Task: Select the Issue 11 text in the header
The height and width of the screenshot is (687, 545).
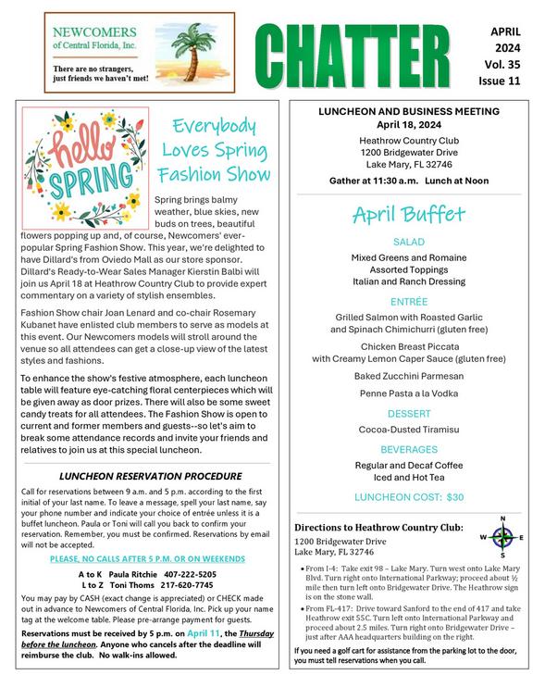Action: (507, 81)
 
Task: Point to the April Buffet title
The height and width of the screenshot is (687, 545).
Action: (408, 216)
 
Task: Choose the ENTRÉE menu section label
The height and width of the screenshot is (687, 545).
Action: (408, 301)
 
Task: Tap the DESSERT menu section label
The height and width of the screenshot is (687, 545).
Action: (408, 413)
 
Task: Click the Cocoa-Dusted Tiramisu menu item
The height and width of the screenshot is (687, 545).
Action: (408, 430)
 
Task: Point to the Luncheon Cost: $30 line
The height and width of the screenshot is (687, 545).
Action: (408, 497)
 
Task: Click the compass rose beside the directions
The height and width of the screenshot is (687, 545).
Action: (502, 537)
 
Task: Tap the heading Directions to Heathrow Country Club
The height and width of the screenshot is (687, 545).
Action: (378, 527)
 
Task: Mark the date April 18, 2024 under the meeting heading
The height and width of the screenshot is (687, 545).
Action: (408, 124)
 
